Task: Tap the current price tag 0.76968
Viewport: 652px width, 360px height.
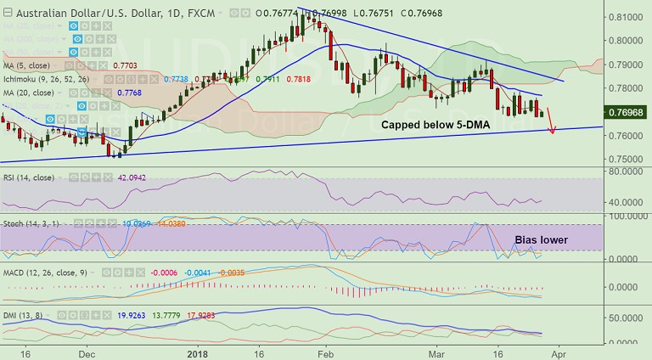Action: (627, 112)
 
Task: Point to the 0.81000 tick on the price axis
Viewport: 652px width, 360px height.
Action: (625, 17)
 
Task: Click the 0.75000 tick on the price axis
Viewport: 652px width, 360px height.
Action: (625, 160)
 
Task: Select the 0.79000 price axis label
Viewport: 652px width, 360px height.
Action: (625, 65)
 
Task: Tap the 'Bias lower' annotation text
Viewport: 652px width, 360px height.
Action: (541, 240)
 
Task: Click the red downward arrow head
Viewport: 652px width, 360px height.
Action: (553, 131)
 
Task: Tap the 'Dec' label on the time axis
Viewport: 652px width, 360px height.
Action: (87, 352)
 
